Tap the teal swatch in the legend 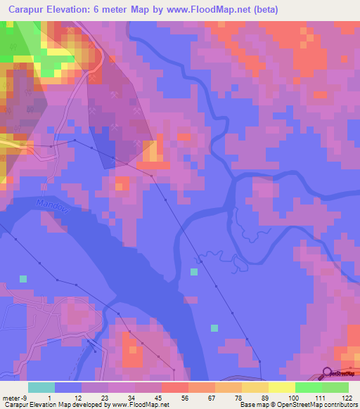click(x=41, y=387)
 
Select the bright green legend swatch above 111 click(x=309, y=387)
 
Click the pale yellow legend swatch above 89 click(x=255, y=387)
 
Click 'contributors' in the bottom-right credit click(x=341, y=405)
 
